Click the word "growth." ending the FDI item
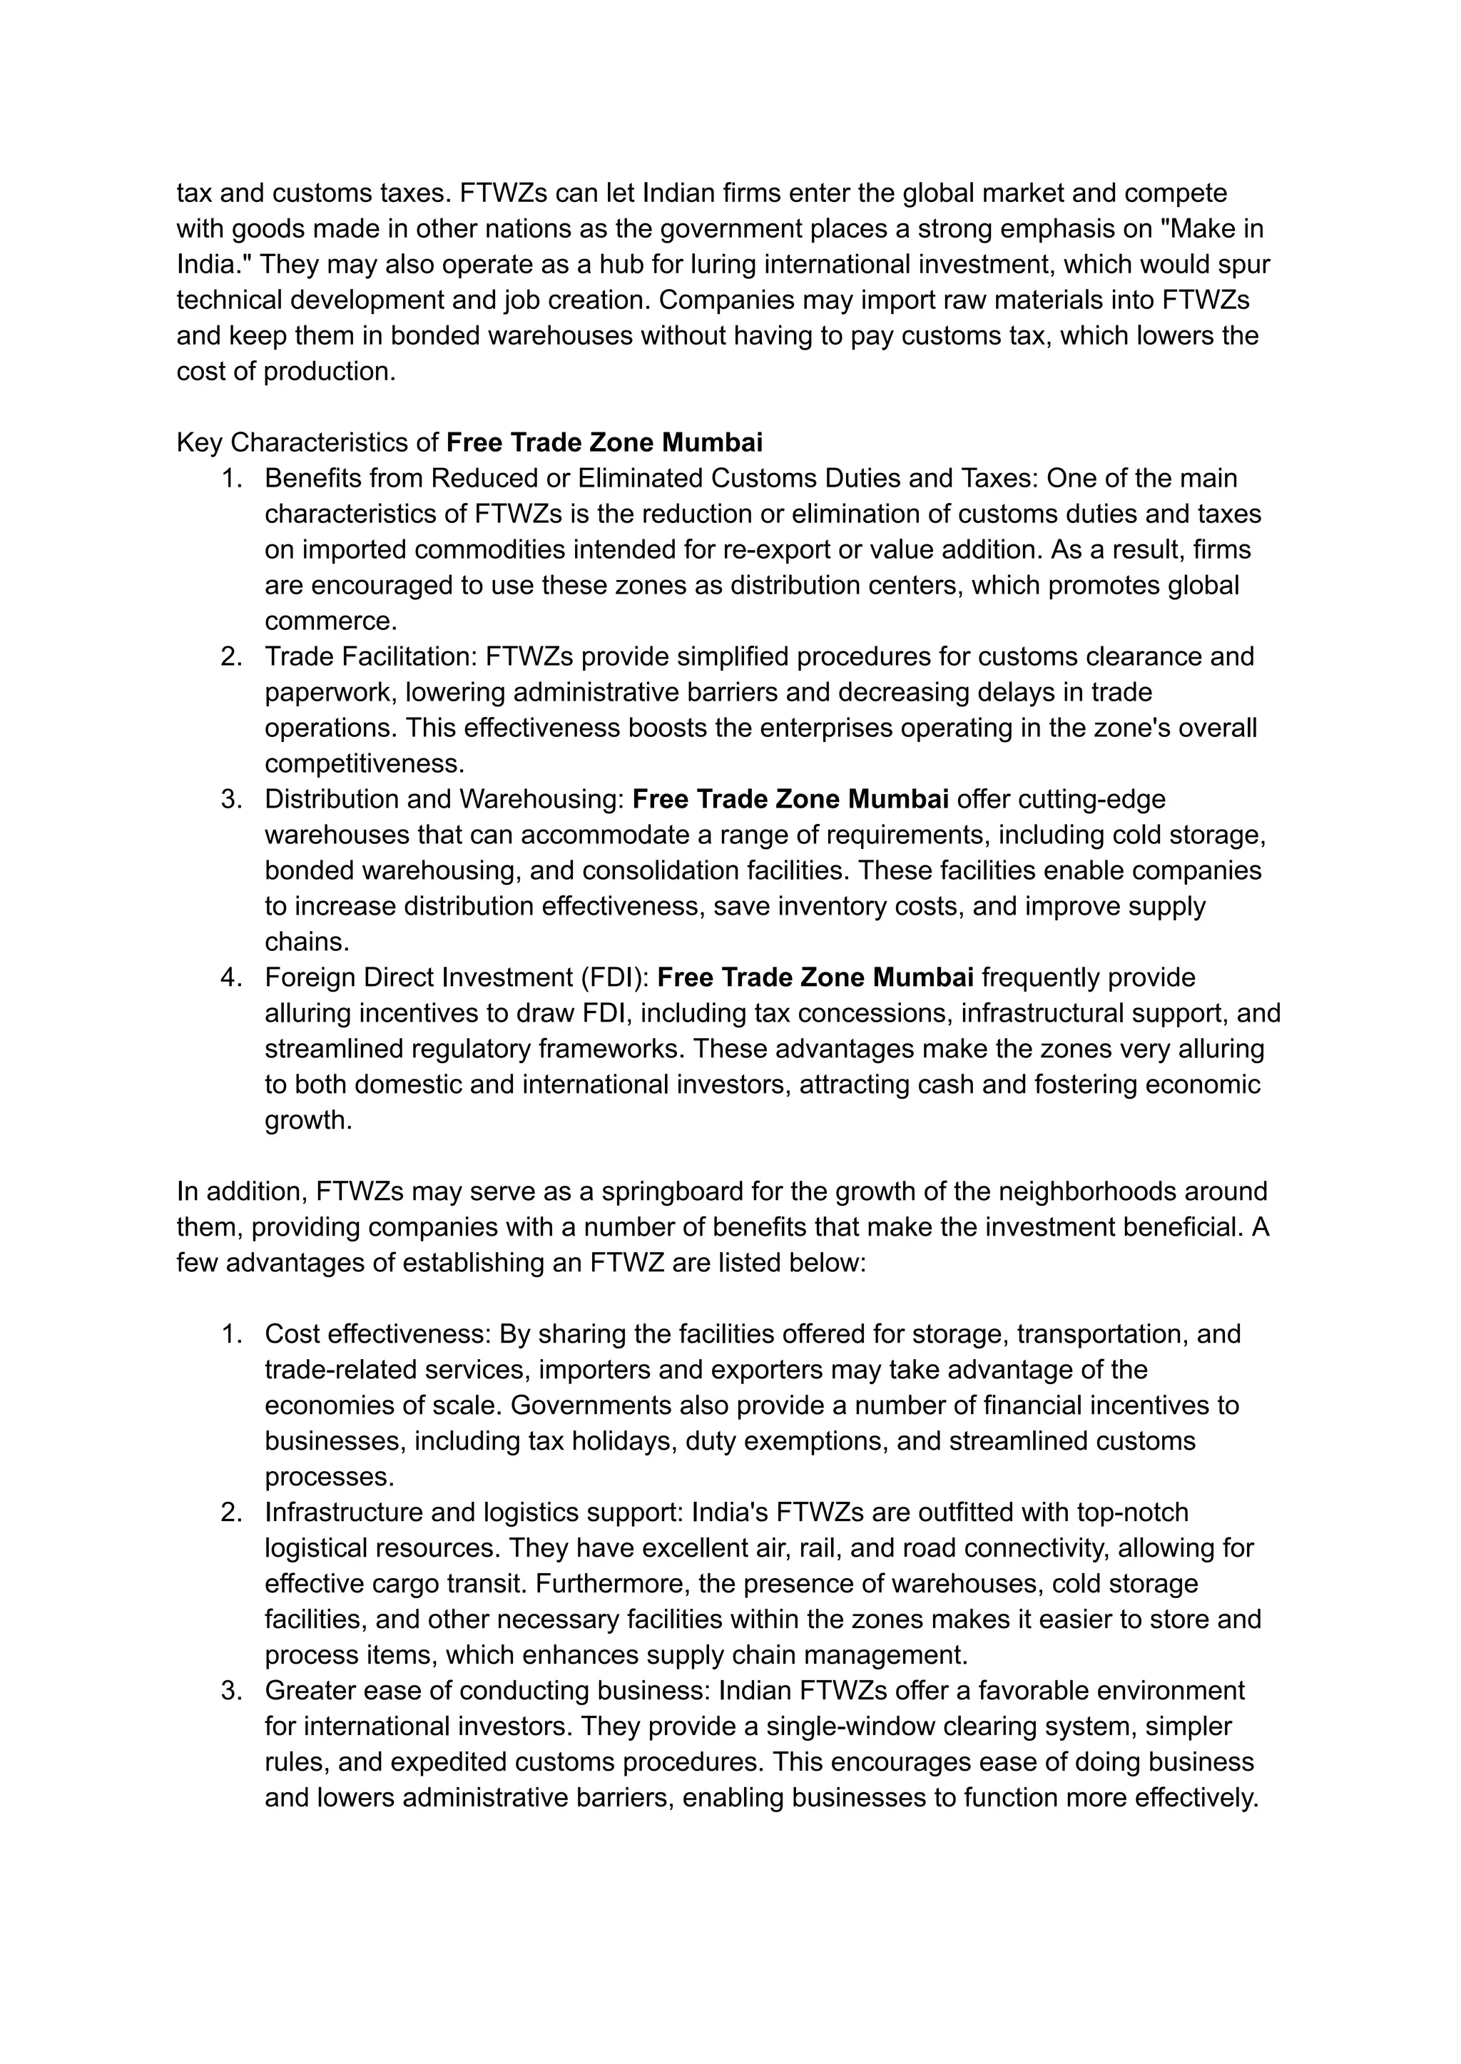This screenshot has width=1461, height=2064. (307, 1120)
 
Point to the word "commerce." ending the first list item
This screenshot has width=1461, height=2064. (330, 621)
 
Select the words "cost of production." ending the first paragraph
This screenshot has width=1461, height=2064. (286, 372)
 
